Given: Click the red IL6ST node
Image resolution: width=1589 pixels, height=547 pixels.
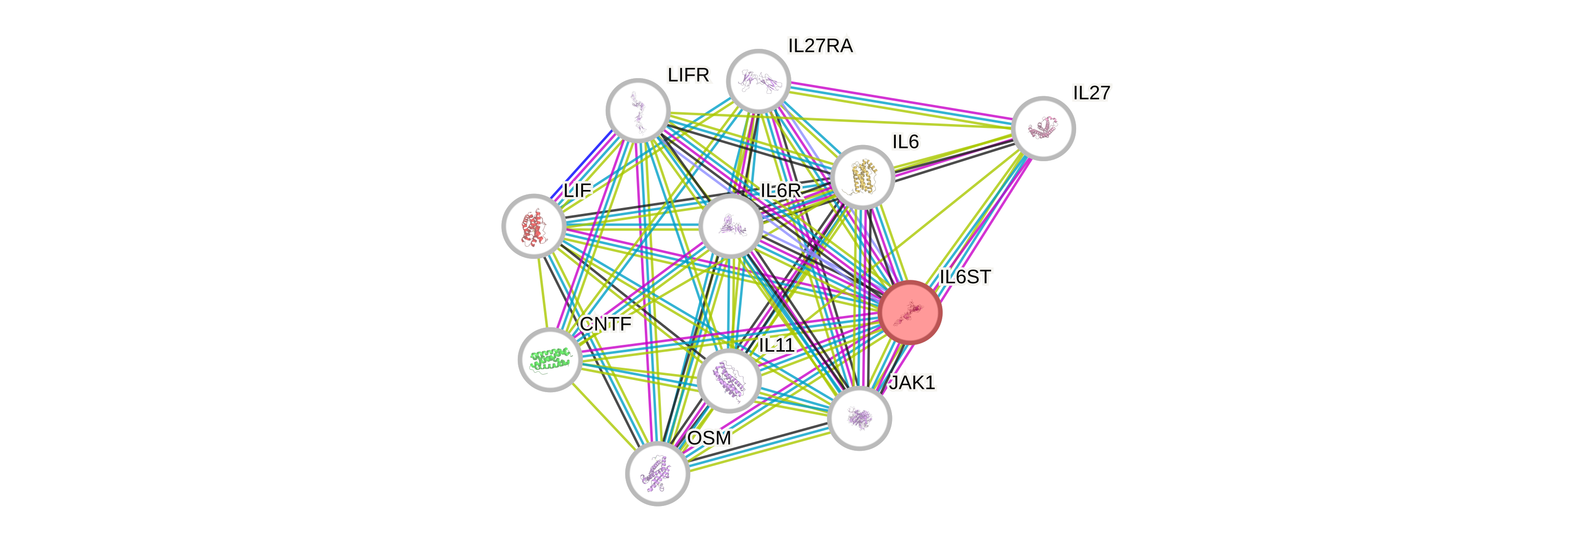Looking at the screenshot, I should point(911,312).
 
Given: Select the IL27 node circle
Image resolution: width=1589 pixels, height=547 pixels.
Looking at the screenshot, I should point(1043,128).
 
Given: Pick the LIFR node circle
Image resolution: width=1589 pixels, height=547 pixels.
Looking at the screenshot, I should point(638,110).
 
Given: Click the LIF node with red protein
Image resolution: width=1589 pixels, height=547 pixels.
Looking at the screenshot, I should point(533,226).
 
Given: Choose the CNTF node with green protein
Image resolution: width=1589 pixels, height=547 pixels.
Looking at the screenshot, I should point(550,359).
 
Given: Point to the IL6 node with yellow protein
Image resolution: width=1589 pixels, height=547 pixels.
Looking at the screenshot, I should point(862,177).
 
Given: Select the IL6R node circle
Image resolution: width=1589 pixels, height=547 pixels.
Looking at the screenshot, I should point(731,226).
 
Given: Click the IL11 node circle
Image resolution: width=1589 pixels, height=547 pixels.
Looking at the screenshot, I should point(729,380).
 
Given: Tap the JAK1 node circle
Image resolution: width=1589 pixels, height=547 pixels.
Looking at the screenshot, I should point(859,418).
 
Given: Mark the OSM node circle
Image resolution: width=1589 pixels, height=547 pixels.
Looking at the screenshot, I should point(657,473).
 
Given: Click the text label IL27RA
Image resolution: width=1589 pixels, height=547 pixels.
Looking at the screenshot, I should point(821,45).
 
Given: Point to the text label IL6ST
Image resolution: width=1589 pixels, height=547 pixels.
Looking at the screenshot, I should point(965,277).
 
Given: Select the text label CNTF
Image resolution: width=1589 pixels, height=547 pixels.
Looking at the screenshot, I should point(606,324).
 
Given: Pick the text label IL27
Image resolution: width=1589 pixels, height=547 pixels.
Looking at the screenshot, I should point(1091,92).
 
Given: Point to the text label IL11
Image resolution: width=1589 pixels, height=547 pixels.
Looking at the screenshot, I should point(777,345).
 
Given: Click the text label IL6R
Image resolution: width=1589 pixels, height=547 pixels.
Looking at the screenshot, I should point(780,190).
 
